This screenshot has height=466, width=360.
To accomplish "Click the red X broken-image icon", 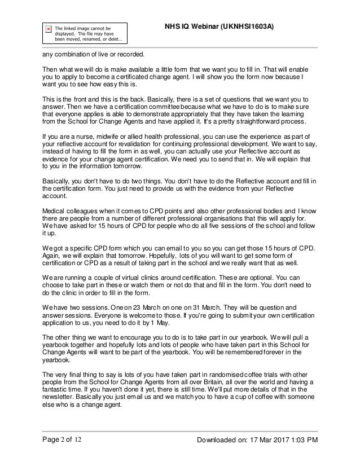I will [x=48, y=27].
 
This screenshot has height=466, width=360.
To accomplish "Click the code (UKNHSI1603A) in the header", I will [x=248, y=27].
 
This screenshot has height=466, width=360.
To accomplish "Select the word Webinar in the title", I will [x=196, y=27].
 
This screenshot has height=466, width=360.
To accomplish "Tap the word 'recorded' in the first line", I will [x=131, y=54].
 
